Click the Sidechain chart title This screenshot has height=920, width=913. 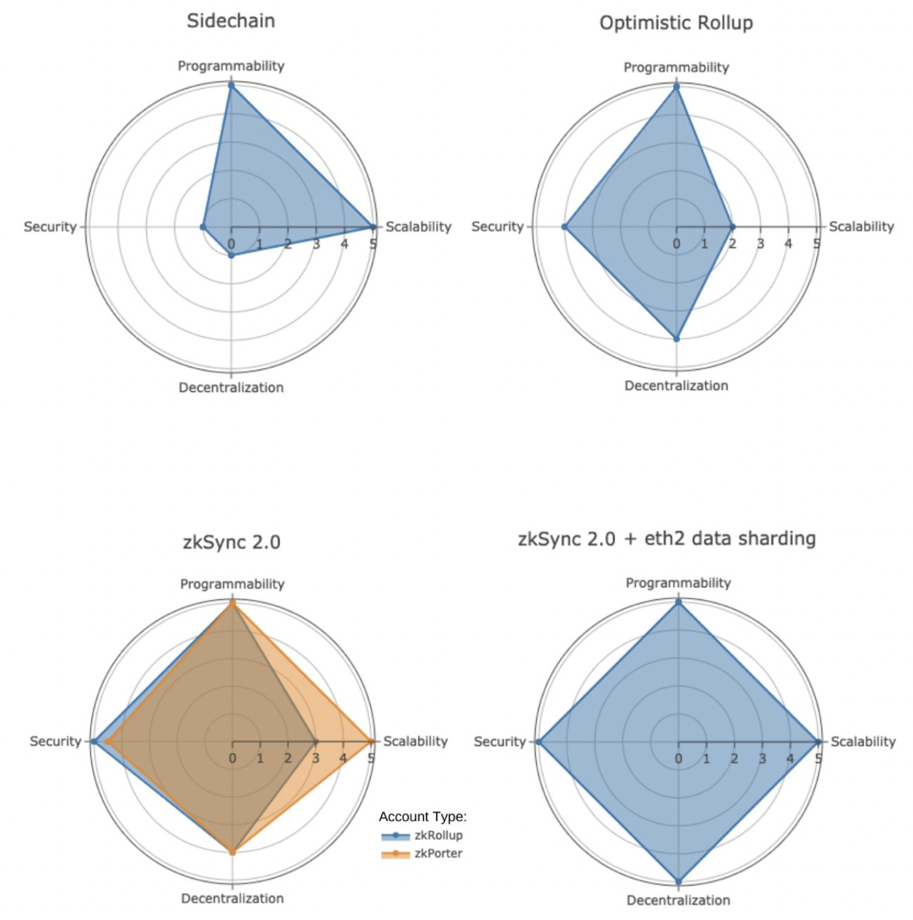pyautogui.click(x=231, y=21)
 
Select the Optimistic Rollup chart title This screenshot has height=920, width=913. pyautogui.click(x=676, y=23)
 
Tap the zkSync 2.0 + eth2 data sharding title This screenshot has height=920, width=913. pyautogui.click(x=666, y=539)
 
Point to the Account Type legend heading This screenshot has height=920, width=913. pyautogui.click(x=422, y=816)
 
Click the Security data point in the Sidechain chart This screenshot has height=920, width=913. pyautogui.click(x=203, y=227)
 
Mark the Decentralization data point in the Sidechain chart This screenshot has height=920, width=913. pyautogui.click(x=231, y=256)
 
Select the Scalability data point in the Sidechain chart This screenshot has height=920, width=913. pyautogui.click(x=373, y=227)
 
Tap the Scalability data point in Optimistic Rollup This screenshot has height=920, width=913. pyautogui.click(x=733, y=227)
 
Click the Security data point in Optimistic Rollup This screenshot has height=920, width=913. pyautogui.click(x=564, y=227)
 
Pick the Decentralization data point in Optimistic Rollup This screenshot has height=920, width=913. pyautogui.click(x=676, y=339)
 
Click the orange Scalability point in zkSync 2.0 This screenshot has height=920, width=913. pyautogui.click(x=371, y=742)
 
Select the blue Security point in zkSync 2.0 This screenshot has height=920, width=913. pyautogui.click(x=94, y=742)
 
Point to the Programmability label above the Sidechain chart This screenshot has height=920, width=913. pyautogui.click(x=231, y=66)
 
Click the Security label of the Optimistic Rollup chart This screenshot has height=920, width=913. pyautogui.click(x=497, y=226)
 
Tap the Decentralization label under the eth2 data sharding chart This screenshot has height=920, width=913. pyautogui.click(x=678, y=900)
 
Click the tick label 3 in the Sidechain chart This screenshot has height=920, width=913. pyautogui.click(x=316, y=245)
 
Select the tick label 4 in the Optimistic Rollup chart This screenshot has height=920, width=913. pyautogui.click(x=788, y=244)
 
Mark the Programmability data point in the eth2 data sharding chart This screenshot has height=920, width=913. pyautogui.click(x=678, y=602)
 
